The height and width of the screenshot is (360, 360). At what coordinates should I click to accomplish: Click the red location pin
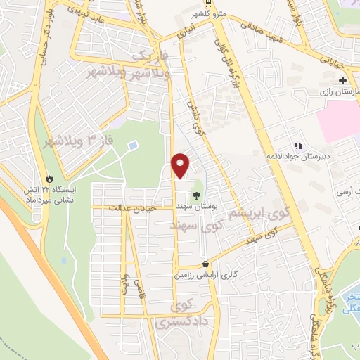(x=181, y=165)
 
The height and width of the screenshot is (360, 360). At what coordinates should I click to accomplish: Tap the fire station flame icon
(x=49, y=178)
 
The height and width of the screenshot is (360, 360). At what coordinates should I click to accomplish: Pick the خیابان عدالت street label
(x=134, y=207)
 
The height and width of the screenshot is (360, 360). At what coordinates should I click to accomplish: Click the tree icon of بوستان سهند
(x=196, y=194)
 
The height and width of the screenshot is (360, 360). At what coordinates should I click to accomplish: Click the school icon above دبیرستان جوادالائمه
(x=298, y=146)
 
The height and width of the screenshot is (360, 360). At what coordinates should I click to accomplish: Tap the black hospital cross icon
(x=342, y=81)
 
